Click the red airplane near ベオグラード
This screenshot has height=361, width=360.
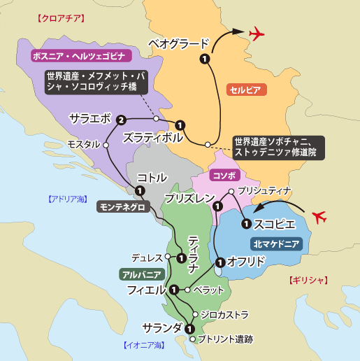click(257, 33)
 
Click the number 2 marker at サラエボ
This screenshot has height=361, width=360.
click(122, 120)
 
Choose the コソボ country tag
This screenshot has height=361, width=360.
click(226, 174)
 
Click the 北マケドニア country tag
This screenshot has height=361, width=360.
click(275, 243)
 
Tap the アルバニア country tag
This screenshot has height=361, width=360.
click(142, 274)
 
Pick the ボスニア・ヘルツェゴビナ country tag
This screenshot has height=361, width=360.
click(78, 55)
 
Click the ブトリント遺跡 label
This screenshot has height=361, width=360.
click(226, 339)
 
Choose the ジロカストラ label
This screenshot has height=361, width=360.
click(224, 315)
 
